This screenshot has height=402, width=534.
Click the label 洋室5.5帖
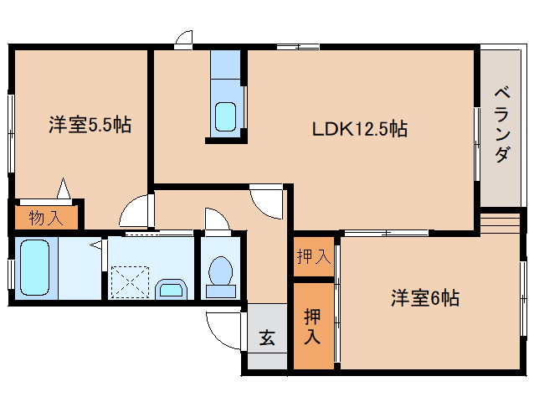point(89,126)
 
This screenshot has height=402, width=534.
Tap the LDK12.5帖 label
point(360,129)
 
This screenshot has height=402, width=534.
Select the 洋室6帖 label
point(424,298)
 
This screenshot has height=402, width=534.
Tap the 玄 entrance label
point(267,338)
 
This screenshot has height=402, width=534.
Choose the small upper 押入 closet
point(313,257)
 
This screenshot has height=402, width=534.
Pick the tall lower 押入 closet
point(312,327)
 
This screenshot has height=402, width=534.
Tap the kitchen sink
point(225,115)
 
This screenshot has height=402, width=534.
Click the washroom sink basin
point(172,289)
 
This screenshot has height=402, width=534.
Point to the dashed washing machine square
point(130,281)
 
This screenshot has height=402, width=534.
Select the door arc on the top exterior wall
point(185,39)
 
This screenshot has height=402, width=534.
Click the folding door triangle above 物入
point(64,188)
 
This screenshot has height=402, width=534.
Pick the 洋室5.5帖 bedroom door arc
point(136,213)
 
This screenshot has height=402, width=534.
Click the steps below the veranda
point(500,224)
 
